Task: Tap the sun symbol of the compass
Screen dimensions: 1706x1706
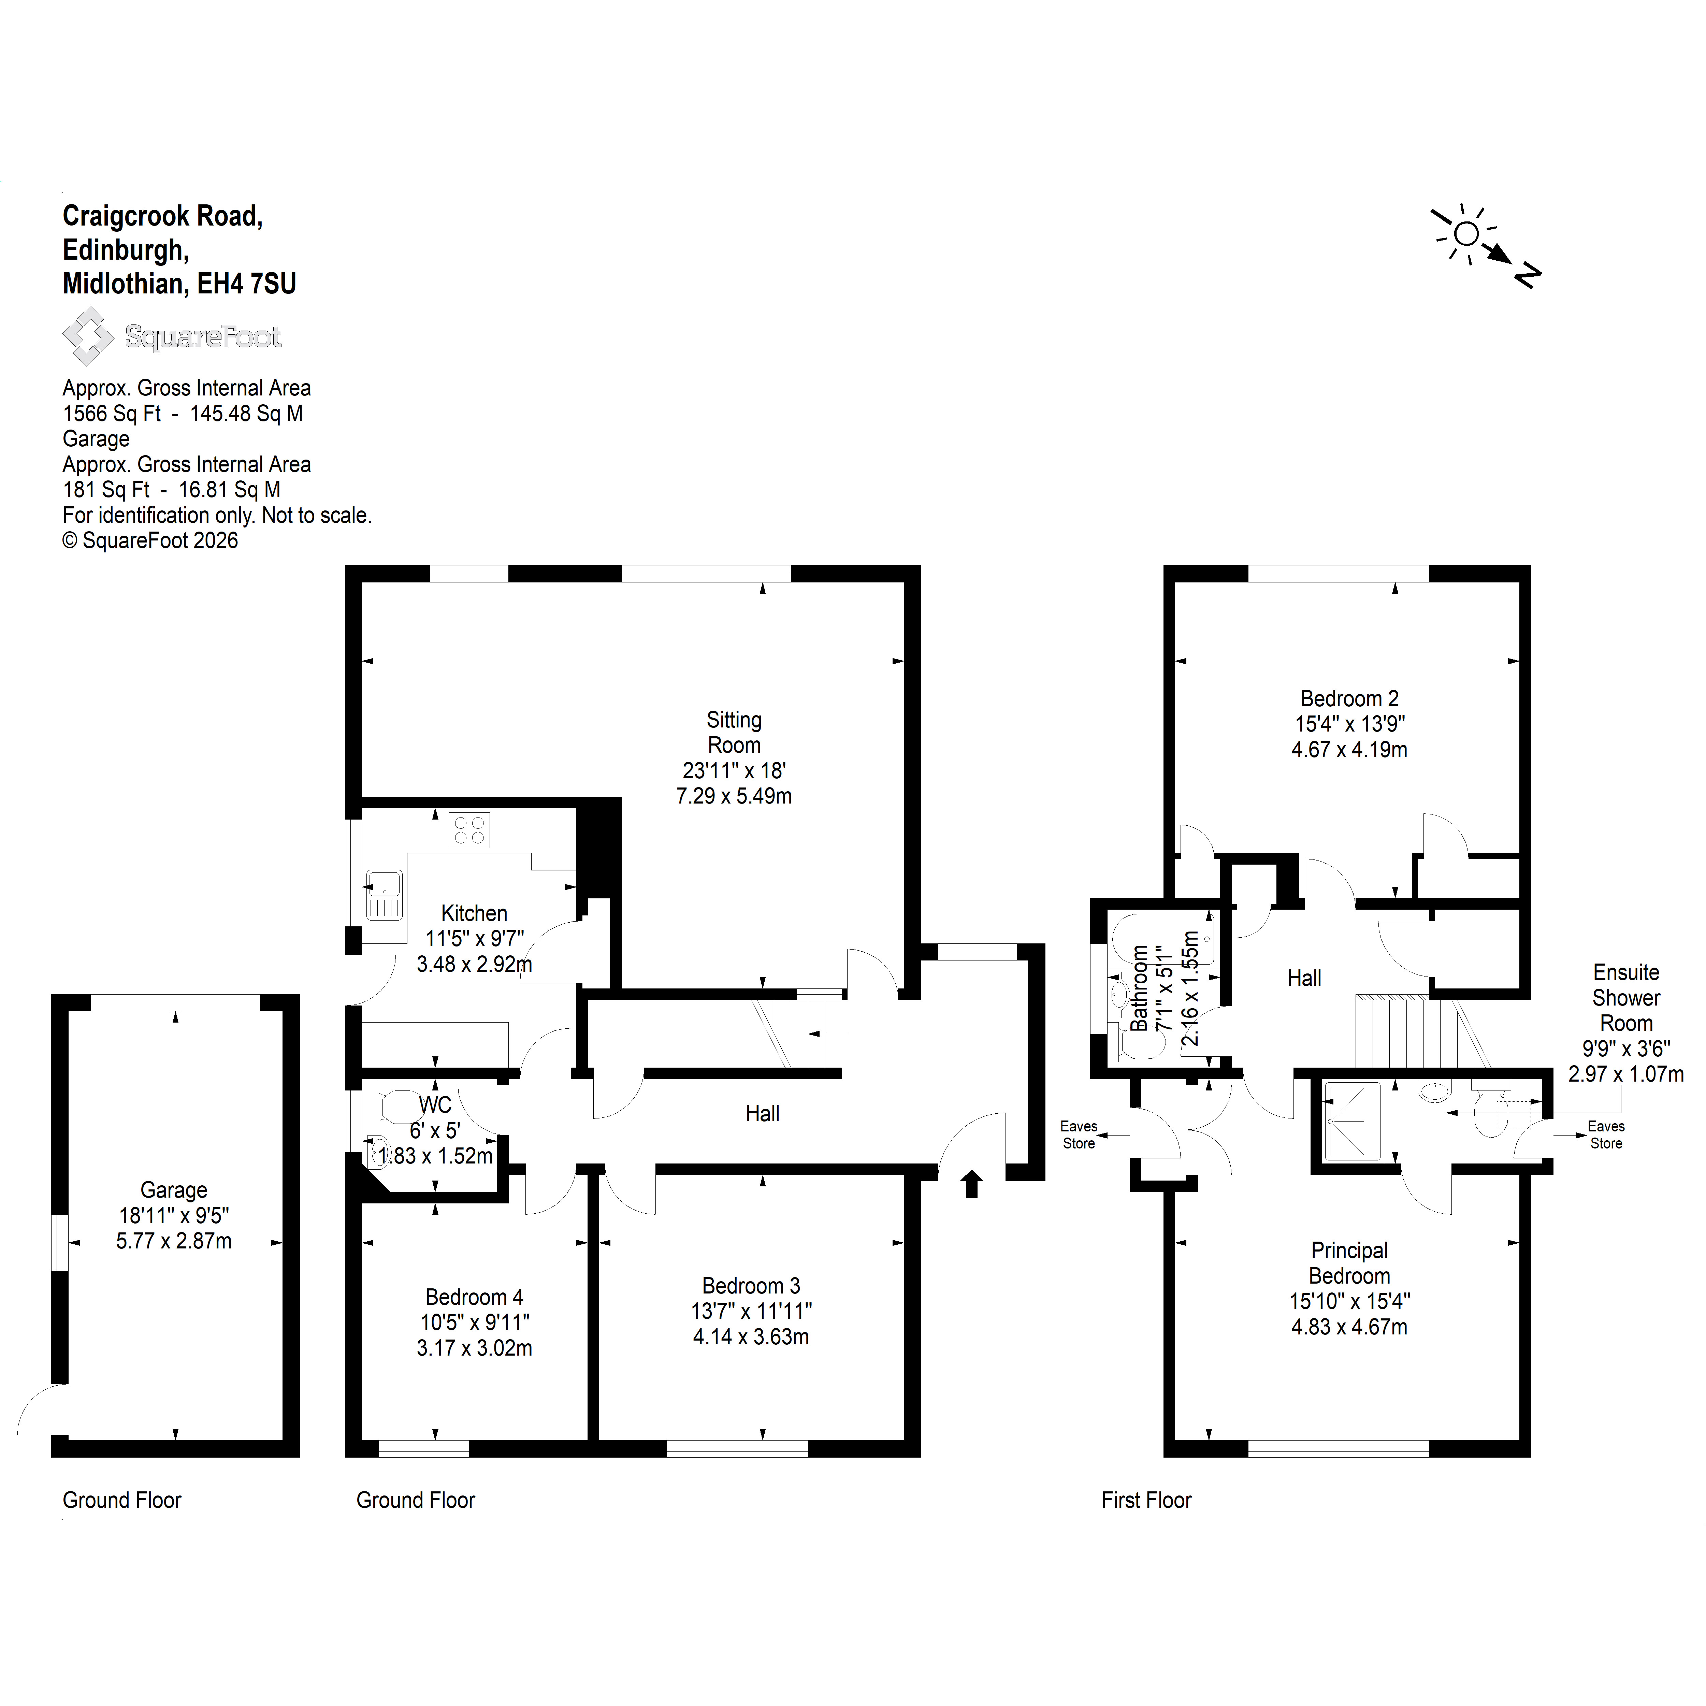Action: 1466,234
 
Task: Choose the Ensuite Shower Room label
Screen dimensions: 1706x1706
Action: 1625,998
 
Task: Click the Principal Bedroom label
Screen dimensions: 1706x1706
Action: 1349,1263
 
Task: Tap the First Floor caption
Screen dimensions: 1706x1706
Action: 1146,1500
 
